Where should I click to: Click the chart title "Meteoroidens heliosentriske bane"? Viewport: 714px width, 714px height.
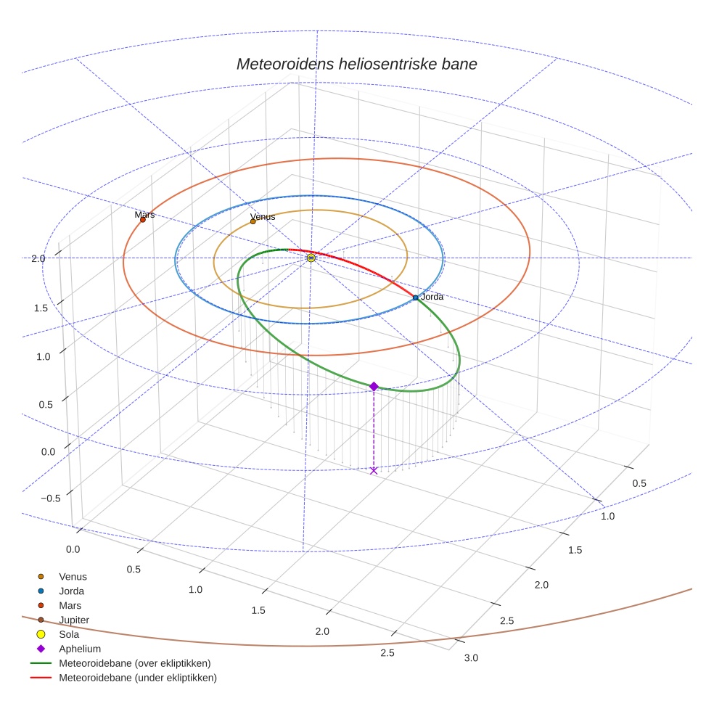click(x=356, y=64)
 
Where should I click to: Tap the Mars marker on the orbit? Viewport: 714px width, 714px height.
click(x=143, y=219)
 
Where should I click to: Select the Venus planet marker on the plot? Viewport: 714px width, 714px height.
click(x=253, y=221)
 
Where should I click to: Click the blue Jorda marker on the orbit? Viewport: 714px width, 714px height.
click(x=415, y=297)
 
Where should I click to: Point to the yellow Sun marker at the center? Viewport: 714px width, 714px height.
click(x=311, y=258)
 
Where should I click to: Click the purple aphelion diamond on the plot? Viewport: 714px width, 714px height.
click(x=374, y=387)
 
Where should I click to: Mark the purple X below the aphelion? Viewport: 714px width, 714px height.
click(x=374, y=471)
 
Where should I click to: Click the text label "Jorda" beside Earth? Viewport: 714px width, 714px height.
click(x=432, y=297)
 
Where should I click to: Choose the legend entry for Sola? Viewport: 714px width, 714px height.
click(x=69, y=634)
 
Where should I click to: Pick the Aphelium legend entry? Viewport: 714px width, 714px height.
click(x=80, y=649)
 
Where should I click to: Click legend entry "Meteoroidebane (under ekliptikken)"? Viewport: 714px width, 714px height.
click(x=138, y=678)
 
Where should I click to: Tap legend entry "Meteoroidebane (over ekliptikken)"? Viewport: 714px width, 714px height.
click(x=135, y=663)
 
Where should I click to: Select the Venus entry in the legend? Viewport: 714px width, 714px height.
click(x=73, y=576)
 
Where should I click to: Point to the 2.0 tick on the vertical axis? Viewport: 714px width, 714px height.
click(x=38, y=258)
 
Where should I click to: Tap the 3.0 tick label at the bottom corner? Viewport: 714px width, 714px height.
click(x=471, y=658)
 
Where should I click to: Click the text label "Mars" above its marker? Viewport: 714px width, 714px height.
click(x=145, y=215)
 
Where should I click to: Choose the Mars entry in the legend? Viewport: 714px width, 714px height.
click(x=70, y=605)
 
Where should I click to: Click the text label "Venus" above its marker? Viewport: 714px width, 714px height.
click(x=263, y=216)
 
